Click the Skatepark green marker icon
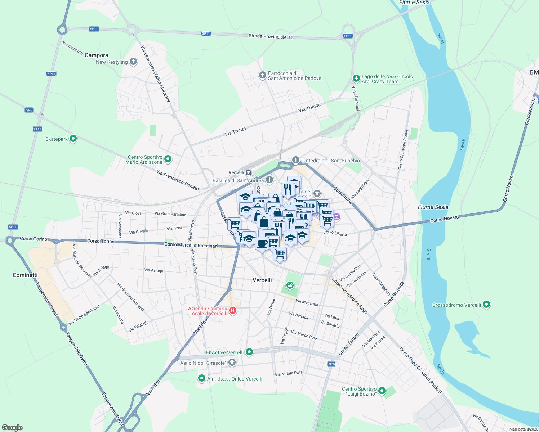coord(73,139)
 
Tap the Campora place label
coord(96,55)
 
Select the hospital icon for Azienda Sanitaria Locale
coord(233,310)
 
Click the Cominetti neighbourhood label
coord(25,275)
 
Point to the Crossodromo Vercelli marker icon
coord(486,305)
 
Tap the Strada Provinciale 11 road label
coord(271,36)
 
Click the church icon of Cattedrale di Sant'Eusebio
coord(296,160)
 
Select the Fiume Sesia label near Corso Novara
coord(433,207)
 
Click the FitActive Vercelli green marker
coord(249,352)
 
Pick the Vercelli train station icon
coord(249,172)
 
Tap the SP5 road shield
coord(332,364)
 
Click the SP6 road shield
coord(29,110)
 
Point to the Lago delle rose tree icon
coord(356,78)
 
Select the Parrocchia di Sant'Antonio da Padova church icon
coord(263,75)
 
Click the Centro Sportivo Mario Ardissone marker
coord(168,159)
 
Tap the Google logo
coord(12,428)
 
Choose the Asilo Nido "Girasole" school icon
coord(232,363)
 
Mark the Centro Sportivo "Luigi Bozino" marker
coord(382,391)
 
